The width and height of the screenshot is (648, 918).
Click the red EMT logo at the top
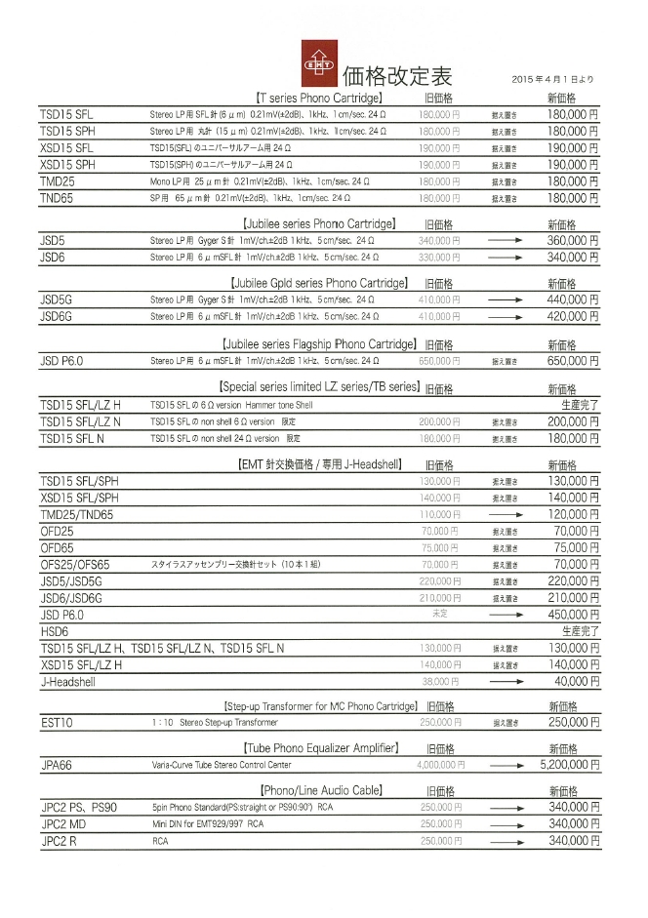click(318, 61)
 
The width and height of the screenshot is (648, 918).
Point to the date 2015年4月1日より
click(551, 78)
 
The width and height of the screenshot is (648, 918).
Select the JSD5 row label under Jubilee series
click(53, 240)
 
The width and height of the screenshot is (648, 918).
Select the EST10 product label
click(58, 723)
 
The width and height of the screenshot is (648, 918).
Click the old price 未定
click(440, 615)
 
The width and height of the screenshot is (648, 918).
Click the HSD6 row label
click(54, 631)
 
